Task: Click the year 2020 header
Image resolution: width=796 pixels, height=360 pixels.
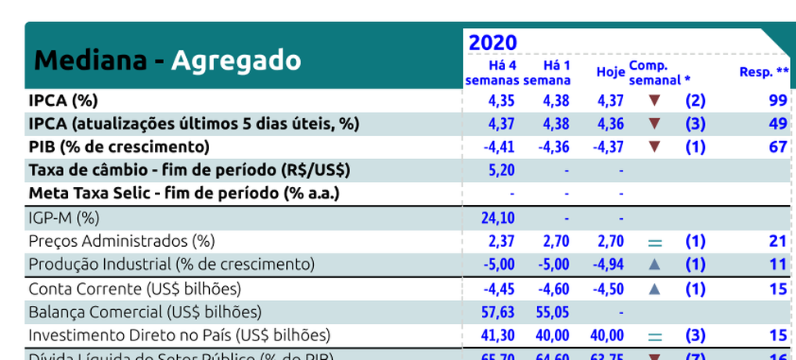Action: coord(492,43)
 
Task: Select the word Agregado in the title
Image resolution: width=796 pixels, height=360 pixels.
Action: coord(236,60)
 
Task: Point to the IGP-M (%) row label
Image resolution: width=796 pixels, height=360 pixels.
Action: coord(64,218)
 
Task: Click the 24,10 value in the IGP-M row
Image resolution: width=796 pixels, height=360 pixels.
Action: coord(497,218)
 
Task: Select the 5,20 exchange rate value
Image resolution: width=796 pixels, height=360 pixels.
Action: coord(501,171)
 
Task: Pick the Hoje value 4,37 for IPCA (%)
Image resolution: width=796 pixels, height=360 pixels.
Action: coord(610,101)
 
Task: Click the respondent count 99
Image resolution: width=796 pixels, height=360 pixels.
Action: coord(778,101)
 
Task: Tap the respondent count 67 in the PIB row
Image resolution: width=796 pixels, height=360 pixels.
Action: coord(778,148)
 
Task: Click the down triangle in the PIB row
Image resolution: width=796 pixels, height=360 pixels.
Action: coord(653,148)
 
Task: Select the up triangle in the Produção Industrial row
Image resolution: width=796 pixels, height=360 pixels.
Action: coord(653,265)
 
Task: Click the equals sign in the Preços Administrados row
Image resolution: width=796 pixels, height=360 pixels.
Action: coord(653,242)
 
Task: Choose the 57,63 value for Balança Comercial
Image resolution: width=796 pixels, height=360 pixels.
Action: coord(497,312)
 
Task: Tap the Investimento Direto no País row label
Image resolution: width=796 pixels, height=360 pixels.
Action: coord(179,335)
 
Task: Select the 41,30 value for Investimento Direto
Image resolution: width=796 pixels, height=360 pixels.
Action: coord(497,335)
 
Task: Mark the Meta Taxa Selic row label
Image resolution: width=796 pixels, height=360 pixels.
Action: coord(184,194)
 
